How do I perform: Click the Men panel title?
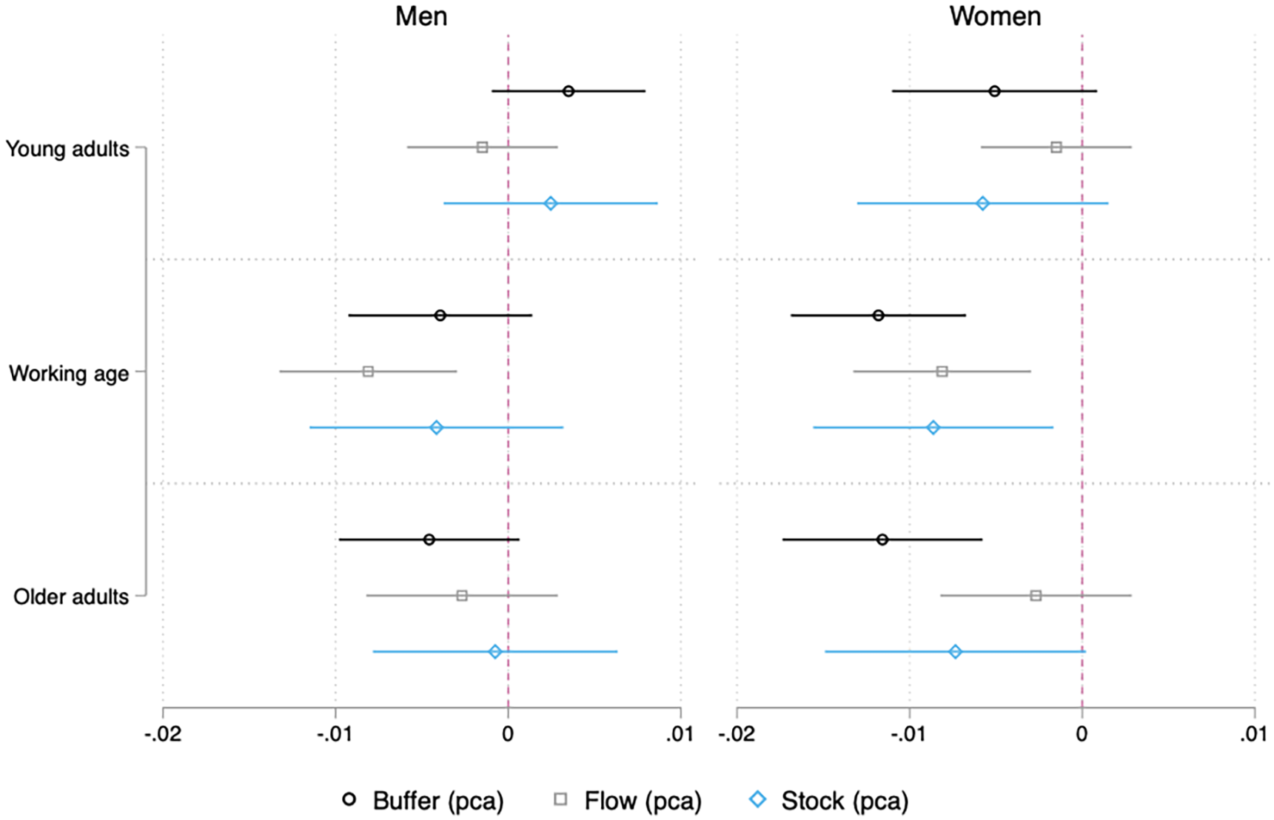[x=421, y=16]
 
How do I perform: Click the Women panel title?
[x=996, y=16]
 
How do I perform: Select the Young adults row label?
[x=67, y=149]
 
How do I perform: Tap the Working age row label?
[x=69, y=373]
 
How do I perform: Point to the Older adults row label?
[x=71, y=596]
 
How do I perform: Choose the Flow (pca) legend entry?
[x=628, y=800]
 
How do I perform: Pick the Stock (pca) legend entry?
[x=829, y=800]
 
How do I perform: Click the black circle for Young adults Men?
[x=569, y=91]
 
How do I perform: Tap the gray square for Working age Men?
[x=368, y=372]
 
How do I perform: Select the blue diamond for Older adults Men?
[x=495, y=652]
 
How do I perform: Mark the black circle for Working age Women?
[x=879, y=315]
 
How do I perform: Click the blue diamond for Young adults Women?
[x=982, y=204]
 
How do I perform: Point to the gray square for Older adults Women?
[x=1036, y=596]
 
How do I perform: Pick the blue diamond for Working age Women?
[x=933, y=428]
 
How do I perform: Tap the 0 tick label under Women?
[x=1082, y=734]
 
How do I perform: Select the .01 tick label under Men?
[x=680, y=734]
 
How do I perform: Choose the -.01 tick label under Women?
[x=909, y=734]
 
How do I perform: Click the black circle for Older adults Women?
[x=882, y=540]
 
